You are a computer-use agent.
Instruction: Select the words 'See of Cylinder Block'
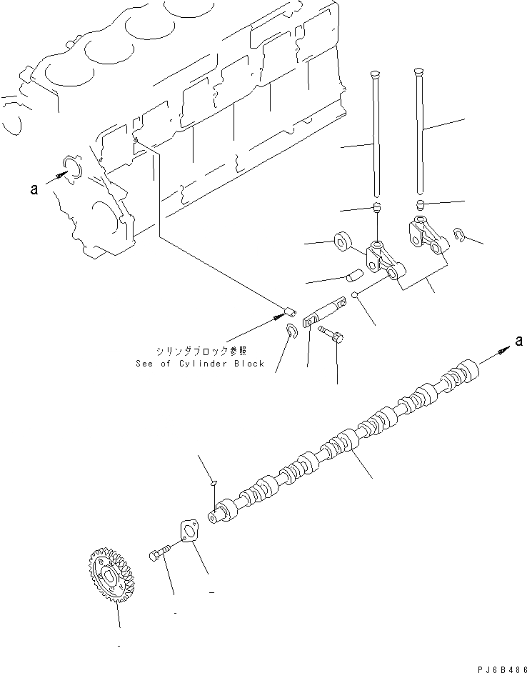pos(200,363)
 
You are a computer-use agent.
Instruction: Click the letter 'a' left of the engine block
pos(34,189)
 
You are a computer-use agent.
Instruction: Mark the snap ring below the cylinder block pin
pos(293,331)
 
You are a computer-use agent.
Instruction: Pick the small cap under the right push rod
pos(421,206)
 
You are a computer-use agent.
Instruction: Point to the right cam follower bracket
pos(426,235)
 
